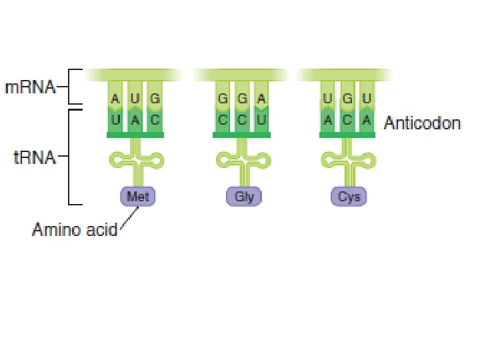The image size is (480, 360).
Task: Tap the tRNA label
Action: point(30,159)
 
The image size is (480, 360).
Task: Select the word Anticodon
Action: point(422,123)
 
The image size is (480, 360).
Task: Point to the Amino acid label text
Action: point(74,231)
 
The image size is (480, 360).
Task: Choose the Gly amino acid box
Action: point(244,197)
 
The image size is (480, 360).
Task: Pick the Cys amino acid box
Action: point(349,197)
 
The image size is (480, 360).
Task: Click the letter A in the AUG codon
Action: point(115,99)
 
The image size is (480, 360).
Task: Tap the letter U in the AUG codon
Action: point(135,99)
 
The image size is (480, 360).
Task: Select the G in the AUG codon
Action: point(155,99)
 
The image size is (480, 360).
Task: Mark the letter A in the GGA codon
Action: point(262,99)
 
